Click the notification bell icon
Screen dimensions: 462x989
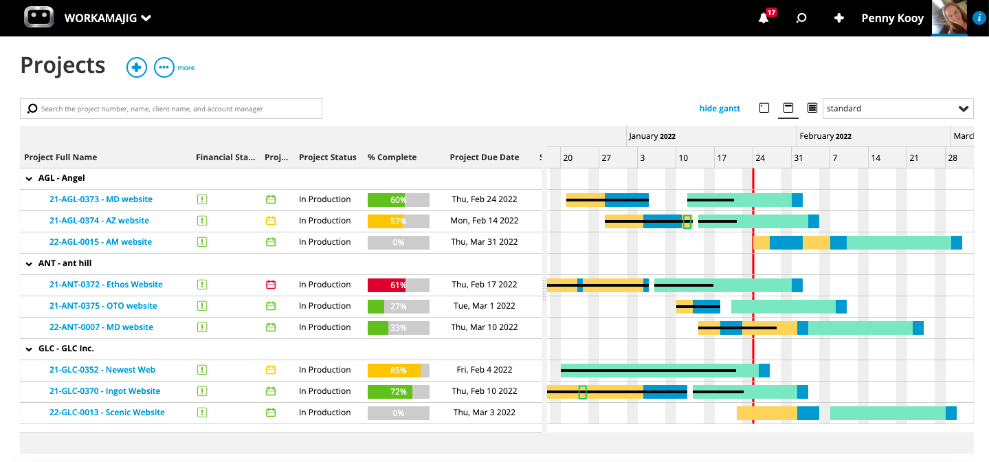click(764, 19)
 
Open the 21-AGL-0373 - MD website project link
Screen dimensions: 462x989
click(101, 199)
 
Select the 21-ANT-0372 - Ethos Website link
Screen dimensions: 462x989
click(106, 285)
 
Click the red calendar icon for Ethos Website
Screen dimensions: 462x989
click(271, 285)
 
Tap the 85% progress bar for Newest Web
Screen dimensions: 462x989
click(398, 370)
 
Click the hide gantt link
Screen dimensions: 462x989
click(720, 109)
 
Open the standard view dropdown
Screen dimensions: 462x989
click(898, 109)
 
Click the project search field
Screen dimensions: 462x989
click(171, 109)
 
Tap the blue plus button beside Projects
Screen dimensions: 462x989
click(137, 67)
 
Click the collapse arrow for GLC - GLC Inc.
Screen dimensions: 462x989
click(29, 349)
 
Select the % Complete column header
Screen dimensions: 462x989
click(392, 157)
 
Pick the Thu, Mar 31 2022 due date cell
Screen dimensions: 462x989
click(485, 242)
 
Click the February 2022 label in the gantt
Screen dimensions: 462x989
click(825, 136)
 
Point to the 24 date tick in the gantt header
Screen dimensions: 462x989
click(760, 158)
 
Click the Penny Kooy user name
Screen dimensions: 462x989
click(892, 19)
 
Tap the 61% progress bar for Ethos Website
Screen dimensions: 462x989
click(398, 285)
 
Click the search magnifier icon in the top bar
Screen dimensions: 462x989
click(801, 19)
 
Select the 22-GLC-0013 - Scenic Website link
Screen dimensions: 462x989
click(107, 412)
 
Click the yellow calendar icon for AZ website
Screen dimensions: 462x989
click(271, 221)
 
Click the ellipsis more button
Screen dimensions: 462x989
click(164, 67)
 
